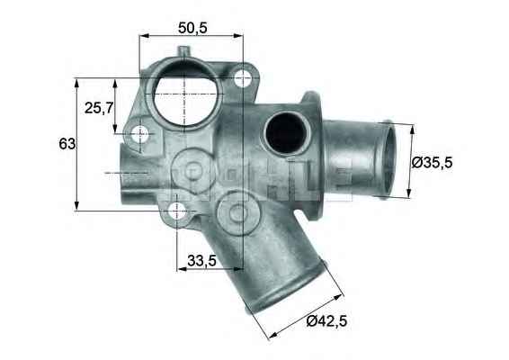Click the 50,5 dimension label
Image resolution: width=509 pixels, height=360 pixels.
(192, 28)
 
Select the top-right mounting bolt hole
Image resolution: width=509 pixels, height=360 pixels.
(242, 78)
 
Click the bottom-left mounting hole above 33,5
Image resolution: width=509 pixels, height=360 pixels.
(177, 211)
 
